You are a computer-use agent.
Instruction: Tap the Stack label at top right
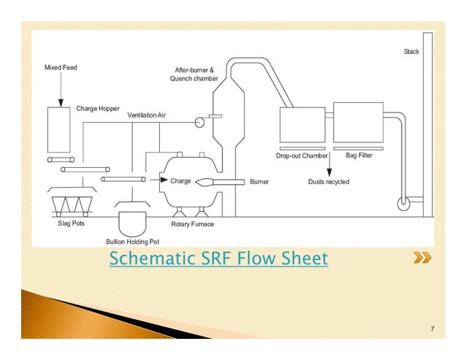411,52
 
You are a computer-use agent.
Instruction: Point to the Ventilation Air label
148,115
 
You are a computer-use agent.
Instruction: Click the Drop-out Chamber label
302,156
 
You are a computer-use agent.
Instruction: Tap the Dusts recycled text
328,181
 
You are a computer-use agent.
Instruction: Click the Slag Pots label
72,223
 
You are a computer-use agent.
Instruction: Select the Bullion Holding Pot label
132,241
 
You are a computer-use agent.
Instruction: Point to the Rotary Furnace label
193,224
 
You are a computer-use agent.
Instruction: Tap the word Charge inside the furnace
180,180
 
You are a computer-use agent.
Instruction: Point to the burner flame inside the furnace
204,181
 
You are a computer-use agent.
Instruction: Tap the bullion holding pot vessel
132,221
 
